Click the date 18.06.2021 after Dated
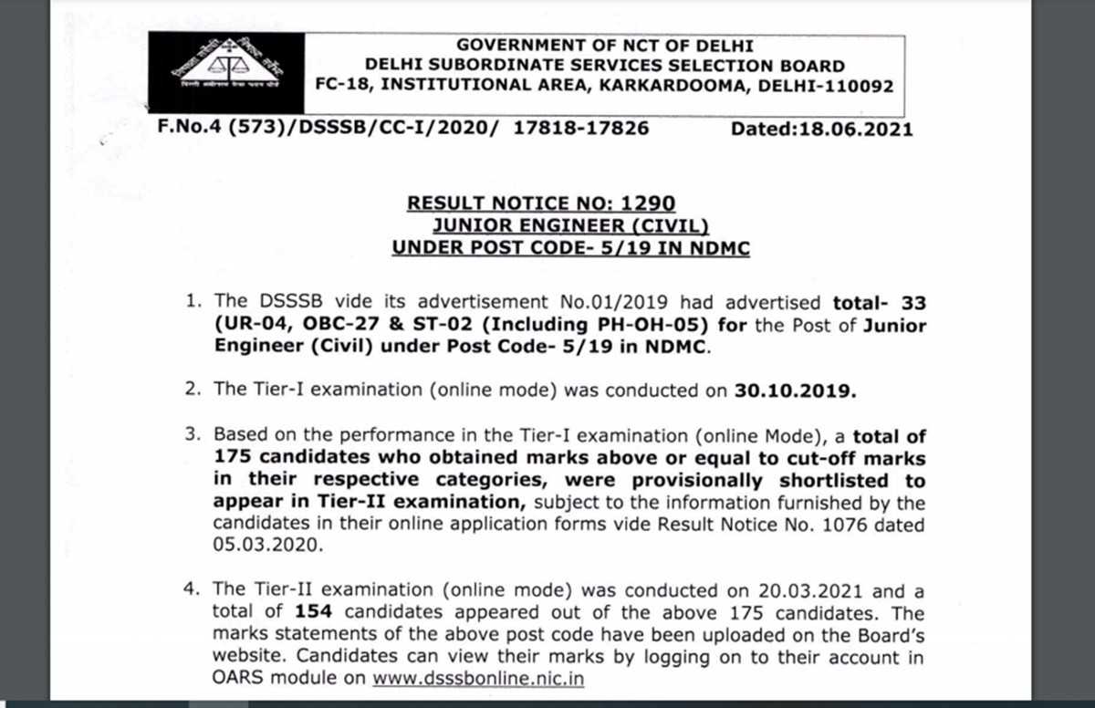coord(855,129)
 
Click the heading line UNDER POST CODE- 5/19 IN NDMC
coord(570,247)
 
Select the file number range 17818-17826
coord(581,129)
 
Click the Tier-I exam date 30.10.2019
coord(796,390)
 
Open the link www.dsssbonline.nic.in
coord(478,679)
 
